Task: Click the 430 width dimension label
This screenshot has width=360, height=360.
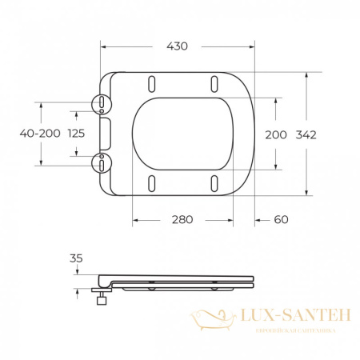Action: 177,46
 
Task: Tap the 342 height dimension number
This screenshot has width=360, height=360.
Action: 306,135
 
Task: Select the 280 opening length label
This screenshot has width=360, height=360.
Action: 182,220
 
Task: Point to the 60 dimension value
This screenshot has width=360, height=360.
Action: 281,220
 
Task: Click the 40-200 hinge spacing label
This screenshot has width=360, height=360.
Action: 40,133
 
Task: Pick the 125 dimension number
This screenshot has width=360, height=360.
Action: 76,133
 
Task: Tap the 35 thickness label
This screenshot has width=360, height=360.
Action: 76,258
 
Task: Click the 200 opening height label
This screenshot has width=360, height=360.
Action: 276,135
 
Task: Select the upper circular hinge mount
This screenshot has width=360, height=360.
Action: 102,104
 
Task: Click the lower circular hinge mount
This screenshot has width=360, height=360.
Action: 102,163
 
